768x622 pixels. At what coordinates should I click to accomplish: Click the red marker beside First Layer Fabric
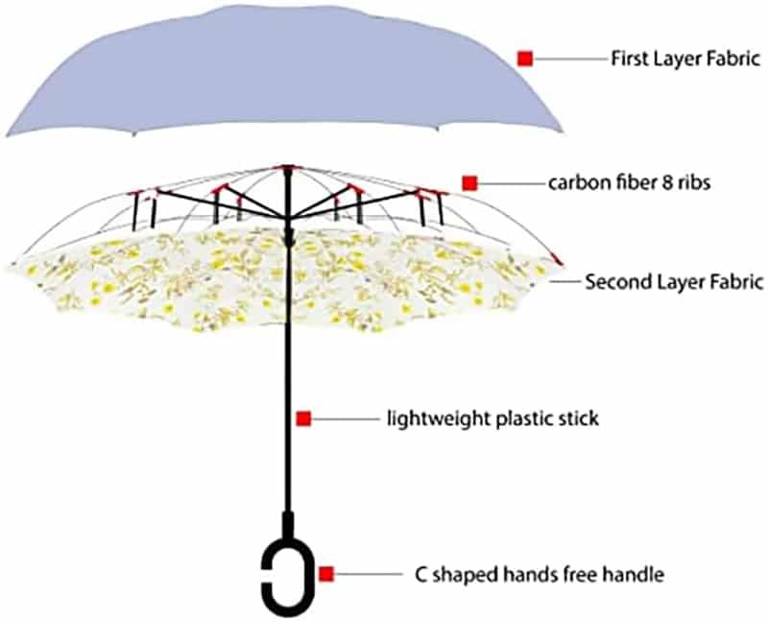(525, 59)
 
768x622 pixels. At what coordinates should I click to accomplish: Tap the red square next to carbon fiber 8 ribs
(469, 183)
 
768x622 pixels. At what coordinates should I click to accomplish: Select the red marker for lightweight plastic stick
(303, 419)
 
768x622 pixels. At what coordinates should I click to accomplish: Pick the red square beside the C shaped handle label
(326, 574)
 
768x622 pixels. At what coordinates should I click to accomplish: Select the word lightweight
(439, 419)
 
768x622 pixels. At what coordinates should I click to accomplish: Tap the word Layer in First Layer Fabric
(677, 60)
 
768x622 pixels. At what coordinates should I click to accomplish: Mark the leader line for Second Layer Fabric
(564, 282)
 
